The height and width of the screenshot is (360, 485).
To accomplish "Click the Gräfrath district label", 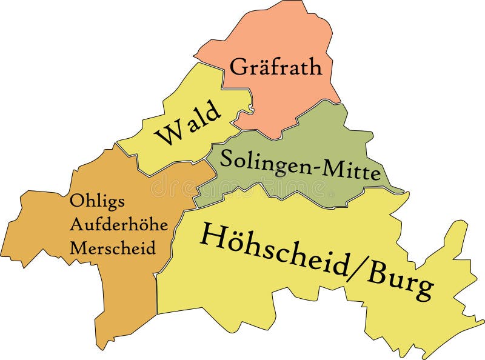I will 276,66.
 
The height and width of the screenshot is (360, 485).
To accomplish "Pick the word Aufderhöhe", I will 119,224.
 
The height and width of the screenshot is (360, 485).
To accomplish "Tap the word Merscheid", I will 113,247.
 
